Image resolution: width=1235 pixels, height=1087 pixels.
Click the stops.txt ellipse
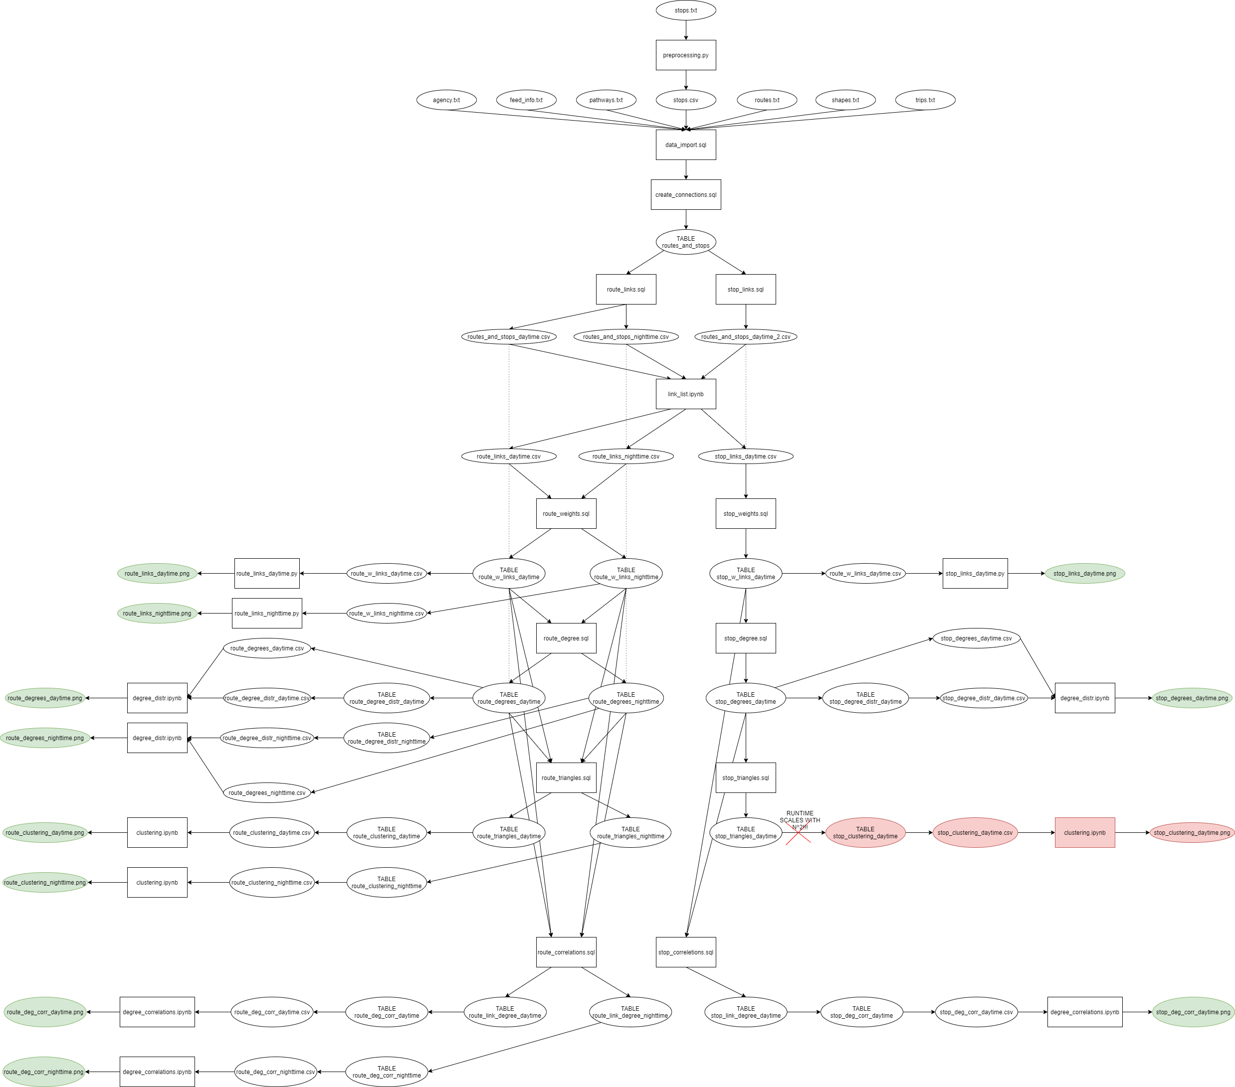click(686, 10)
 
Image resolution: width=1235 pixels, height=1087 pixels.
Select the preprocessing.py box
click(686, 55)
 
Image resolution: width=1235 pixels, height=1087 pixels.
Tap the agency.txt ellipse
click(446, 100)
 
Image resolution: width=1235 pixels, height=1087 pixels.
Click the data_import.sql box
click(686, 145)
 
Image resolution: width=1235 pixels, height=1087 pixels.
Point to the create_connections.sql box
click(686, 194)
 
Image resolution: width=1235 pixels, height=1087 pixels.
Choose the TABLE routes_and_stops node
click(686, 242)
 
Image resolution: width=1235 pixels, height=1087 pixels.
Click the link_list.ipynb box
click(686, 394)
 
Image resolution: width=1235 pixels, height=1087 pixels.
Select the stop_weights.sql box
click(746, 514)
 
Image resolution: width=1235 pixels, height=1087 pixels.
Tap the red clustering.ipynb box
click(1084, 833)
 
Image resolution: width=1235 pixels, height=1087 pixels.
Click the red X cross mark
click(798, 835)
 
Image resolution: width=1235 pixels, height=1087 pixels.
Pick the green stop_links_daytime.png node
click(1084, 574)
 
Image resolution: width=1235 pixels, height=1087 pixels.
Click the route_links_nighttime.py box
click(266, 614)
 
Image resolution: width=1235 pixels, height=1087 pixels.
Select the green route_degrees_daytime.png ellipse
click(45, 698)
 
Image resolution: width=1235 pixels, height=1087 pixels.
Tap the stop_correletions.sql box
click(686, 952)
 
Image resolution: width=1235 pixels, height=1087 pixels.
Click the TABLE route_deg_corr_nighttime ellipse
click(387, 1072)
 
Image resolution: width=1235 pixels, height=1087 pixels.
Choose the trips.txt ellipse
click(925, 100)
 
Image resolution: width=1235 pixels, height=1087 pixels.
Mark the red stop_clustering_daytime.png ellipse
click(1192, 833)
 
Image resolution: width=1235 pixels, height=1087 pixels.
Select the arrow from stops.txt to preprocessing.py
click(686, 29)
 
